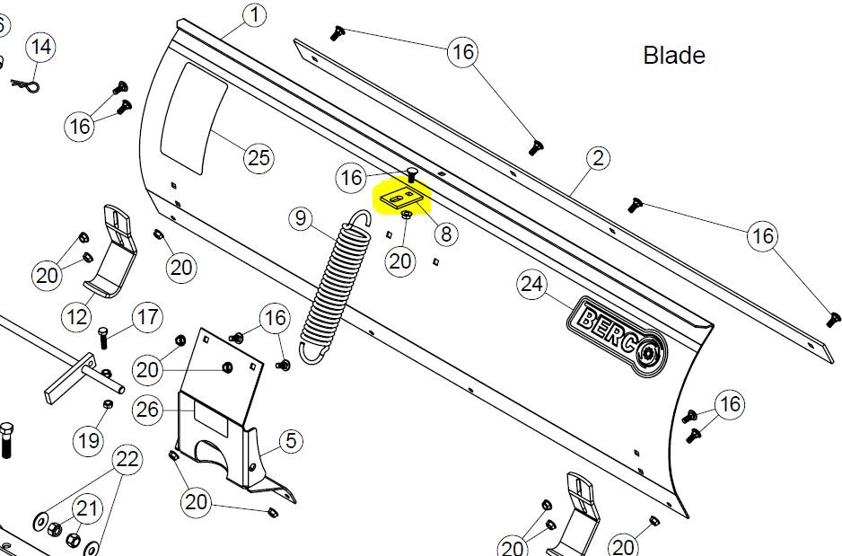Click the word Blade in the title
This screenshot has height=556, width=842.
pos(674,55)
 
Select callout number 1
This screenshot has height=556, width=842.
pos(255,14)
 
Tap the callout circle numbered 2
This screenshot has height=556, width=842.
pos(598,160)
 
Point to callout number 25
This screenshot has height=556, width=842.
pos(259,158)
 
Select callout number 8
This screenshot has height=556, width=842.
pos(444,234)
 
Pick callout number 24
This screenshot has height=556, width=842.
pos(532,286)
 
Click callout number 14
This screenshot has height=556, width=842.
pos(39,47)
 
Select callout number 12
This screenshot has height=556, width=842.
pos(77,316)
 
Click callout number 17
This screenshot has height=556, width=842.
pos(147,316)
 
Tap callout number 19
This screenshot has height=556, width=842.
pos(88,439)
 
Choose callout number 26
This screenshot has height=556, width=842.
pos(147,410)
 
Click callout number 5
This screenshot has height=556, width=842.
pos(291,440)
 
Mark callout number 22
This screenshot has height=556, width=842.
pos(127,461)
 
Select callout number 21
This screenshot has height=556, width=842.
pos(86,509)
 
